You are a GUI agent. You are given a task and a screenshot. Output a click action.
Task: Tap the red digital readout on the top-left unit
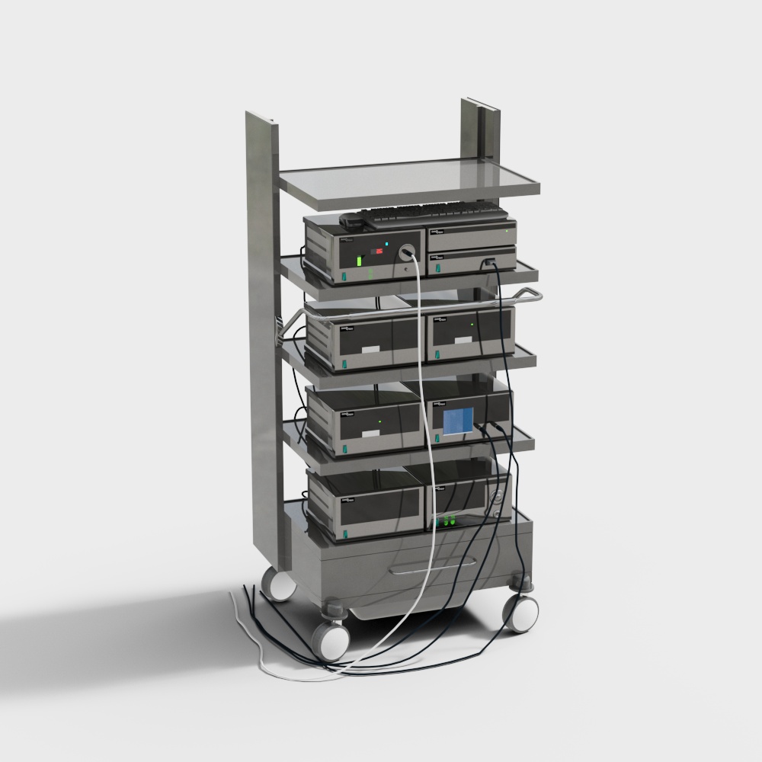374,251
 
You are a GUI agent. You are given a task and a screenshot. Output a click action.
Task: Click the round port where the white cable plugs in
408,250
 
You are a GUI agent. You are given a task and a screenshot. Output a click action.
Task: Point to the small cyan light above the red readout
387,244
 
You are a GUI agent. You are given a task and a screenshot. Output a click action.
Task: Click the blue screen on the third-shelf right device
459,421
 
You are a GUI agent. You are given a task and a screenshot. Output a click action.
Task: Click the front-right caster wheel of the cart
521,613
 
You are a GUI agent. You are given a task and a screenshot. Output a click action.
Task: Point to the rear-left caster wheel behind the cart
280,584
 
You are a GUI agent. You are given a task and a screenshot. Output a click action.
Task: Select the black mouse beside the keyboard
354,220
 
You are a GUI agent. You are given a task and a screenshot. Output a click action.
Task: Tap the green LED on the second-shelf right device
472,325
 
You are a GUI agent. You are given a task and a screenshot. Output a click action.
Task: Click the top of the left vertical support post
260,119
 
